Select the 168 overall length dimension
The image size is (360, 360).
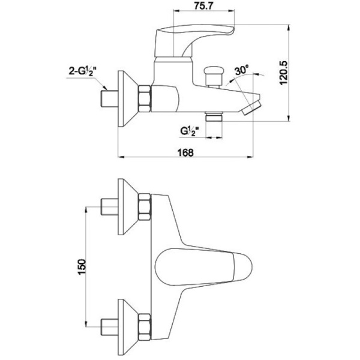[186, 152]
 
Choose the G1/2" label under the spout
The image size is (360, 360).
[189, 130]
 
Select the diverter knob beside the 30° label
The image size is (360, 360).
[211, 76]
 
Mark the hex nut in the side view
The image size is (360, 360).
[145, 98]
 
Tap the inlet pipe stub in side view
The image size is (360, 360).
[108, 98]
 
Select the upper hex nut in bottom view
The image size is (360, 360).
[145, 208]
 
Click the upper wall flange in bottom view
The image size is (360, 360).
[127, 208]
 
